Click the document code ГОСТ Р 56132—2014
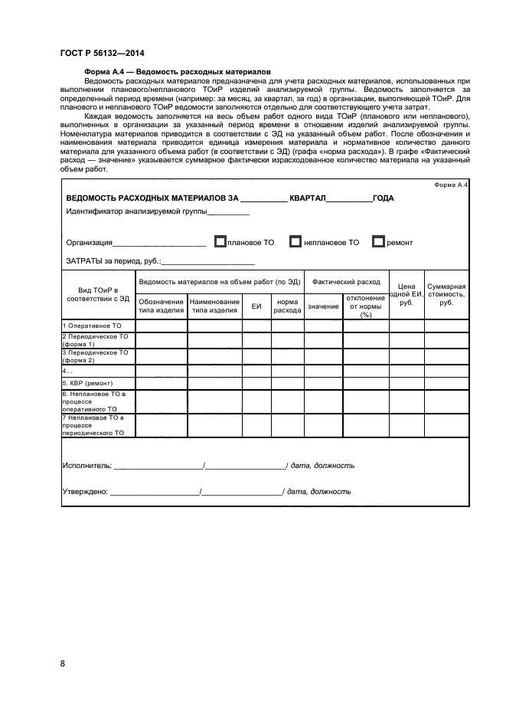coord(102,53)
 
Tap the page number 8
coord(63,663)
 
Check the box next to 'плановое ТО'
coord(220,242)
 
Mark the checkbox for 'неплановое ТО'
coord(295,242)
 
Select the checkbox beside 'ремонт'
coord(377,242)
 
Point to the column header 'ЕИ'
coord(256,306)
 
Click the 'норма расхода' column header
coord(287,306)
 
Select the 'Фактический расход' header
coord(346,282)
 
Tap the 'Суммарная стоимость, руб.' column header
coord(446,294)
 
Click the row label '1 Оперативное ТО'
coord(91,326)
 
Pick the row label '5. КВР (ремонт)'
coord(87,383)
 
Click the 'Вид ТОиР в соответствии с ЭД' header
coord(98,294)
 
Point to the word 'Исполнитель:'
coord(87,465)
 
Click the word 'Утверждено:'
coord(85,492)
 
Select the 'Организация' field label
coord(89,243)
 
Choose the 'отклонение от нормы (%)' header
coord(365,306)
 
